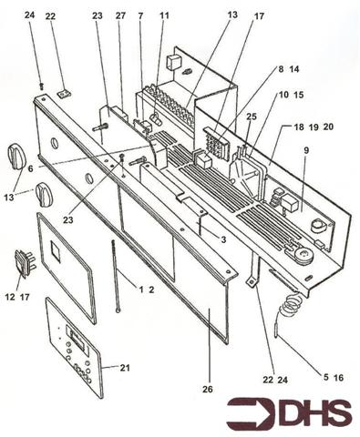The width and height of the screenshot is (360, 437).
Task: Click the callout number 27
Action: pos(121,15)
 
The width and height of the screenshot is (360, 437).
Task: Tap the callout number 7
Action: pos(141,15)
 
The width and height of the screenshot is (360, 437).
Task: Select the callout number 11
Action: pos(164,15)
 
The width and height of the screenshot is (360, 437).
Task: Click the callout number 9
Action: pos(306,151)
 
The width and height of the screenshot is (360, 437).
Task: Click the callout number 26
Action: pos(207,390)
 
